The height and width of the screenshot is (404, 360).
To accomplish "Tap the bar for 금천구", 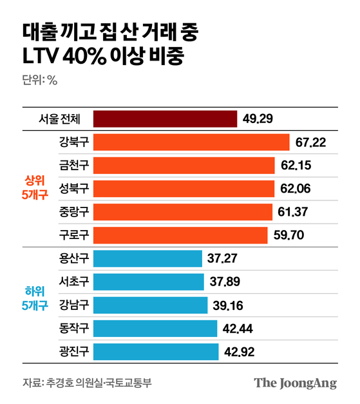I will [184, 165].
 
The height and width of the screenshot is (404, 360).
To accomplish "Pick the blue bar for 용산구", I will [147, 258].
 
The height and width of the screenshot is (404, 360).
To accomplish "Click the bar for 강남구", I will [150, 305].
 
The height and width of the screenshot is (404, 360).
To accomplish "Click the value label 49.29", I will [259, 119].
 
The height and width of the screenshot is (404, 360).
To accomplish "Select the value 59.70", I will [289, 235].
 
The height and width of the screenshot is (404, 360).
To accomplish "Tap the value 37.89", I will [225, 282].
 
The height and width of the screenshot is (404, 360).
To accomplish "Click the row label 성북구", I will [73, 188].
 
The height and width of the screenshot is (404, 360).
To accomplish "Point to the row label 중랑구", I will [73, 211].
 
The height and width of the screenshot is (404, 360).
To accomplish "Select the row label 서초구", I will [73, 282].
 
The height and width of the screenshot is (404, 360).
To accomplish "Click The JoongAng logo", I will [295, 383].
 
